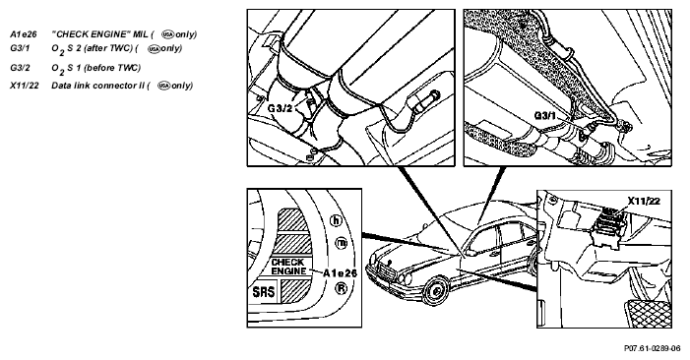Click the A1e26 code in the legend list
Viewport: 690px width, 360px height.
pos(24,34)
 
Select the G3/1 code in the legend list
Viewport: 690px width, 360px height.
pos(20,48)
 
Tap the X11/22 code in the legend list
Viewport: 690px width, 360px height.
pos(25,86)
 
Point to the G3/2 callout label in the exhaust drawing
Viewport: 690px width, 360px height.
pos(280,107)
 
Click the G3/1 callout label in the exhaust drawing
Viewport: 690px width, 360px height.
pos(545,116)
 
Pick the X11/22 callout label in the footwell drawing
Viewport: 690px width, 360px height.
pos(644,201)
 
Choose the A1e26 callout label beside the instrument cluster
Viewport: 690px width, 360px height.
pos(340,273)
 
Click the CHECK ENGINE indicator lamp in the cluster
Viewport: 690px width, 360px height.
pos(288,267)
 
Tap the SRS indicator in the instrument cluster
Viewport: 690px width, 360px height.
pos(264,292)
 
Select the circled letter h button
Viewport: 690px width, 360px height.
pos(336,220)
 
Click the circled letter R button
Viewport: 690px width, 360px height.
pos(341,288)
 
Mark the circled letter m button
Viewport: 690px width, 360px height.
pos(341,242)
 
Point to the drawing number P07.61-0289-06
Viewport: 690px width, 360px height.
pos(652,348)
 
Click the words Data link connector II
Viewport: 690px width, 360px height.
pos(98,86)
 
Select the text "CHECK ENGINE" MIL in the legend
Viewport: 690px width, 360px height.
pos(99,34)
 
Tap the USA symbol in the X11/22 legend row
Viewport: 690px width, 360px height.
pos(163,86)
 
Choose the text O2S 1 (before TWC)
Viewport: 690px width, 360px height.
pos(95,68)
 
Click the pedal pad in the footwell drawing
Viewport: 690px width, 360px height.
pos(649,313)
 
